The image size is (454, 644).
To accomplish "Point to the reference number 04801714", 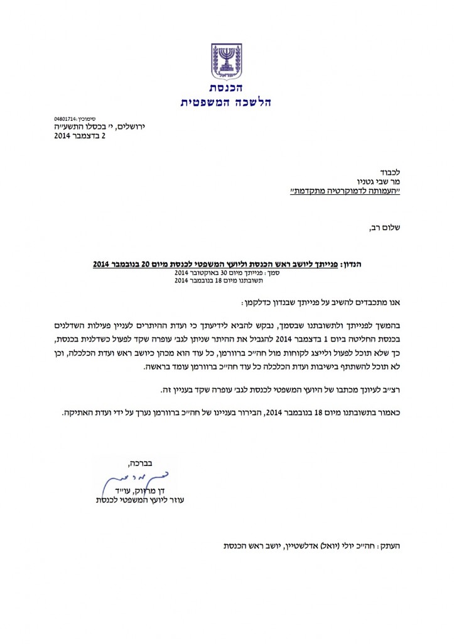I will [66, 118].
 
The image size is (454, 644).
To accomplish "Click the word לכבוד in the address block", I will [390, 171].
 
